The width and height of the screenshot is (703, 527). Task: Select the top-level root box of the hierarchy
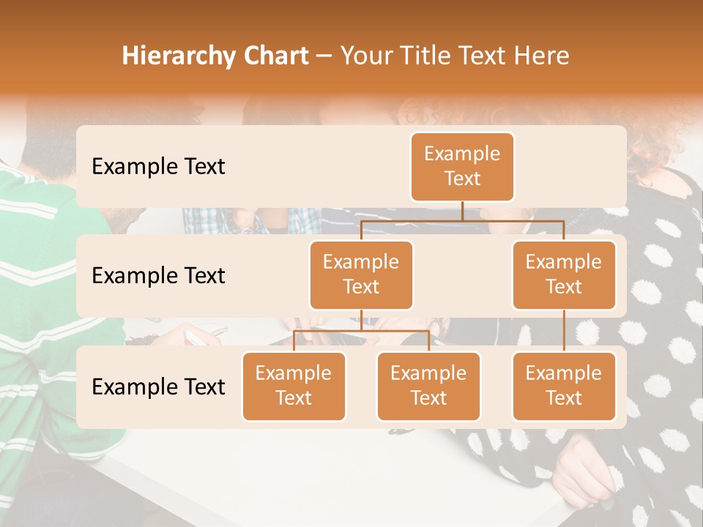click(462, 166)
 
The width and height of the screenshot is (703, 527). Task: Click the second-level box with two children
click(361, 274)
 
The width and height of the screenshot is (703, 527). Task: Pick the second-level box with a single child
click(564, 274)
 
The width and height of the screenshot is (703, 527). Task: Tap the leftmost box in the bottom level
click(294, 386)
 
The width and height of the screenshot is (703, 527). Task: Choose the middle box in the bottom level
click(428, 386)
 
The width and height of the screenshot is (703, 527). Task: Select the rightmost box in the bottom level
click(564, 386)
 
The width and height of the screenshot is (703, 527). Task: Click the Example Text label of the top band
click(158, 166)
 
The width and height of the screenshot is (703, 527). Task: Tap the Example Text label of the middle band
click(158, 275)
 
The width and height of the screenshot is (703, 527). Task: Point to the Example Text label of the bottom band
click(158, 386)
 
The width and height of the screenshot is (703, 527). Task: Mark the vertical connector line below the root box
click(462, 211)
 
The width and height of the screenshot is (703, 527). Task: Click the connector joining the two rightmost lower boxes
click(564, 331)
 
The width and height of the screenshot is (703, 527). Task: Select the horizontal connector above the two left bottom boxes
click(361, 331)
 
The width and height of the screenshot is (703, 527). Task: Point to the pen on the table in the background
click(196, 337)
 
